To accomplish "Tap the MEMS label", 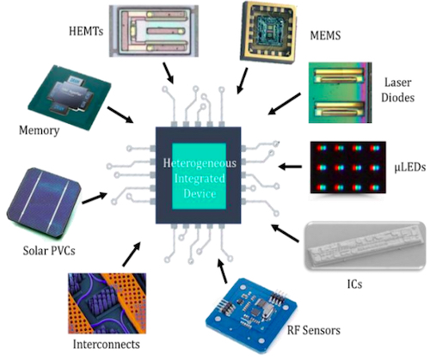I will pos(327,37).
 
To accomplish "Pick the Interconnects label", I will pos(107,345).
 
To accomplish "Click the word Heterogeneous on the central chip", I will pos(194,161).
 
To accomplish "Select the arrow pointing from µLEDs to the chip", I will pos(292,165).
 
